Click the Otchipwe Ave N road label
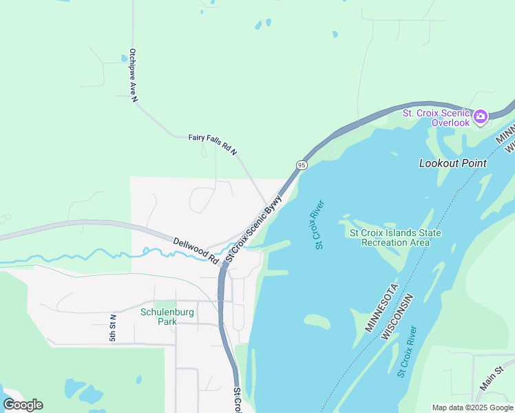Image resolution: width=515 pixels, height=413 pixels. click(133, 76)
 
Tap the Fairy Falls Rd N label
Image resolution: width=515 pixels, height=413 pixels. click(213, 143)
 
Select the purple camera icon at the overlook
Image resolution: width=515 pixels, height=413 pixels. click(480, 116)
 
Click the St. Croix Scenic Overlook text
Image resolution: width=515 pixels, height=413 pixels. click(437, 118)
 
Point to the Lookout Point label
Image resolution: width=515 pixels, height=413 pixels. click(453, 163)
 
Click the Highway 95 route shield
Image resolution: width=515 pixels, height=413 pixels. click(302, 165)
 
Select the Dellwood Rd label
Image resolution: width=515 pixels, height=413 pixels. click(196, 251)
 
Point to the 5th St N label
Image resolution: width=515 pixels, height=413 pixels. click(113, 328)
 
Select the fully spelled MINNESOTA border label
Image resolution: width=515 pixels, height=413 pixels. click(382, 308)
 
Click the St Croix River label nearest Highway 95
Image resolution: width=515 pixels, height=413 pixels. click(319, 225)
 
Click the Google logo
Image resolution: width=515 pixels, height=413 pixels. click(23, 405)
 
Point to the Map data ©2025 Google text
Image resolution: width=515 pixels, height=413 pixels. click(472, 407)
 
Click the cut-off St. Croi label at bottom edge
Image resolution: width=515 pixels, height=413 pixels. click(236, 400)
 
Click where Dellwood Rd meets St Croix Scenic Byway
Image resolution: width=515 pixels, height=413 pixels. click(224, 264)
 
